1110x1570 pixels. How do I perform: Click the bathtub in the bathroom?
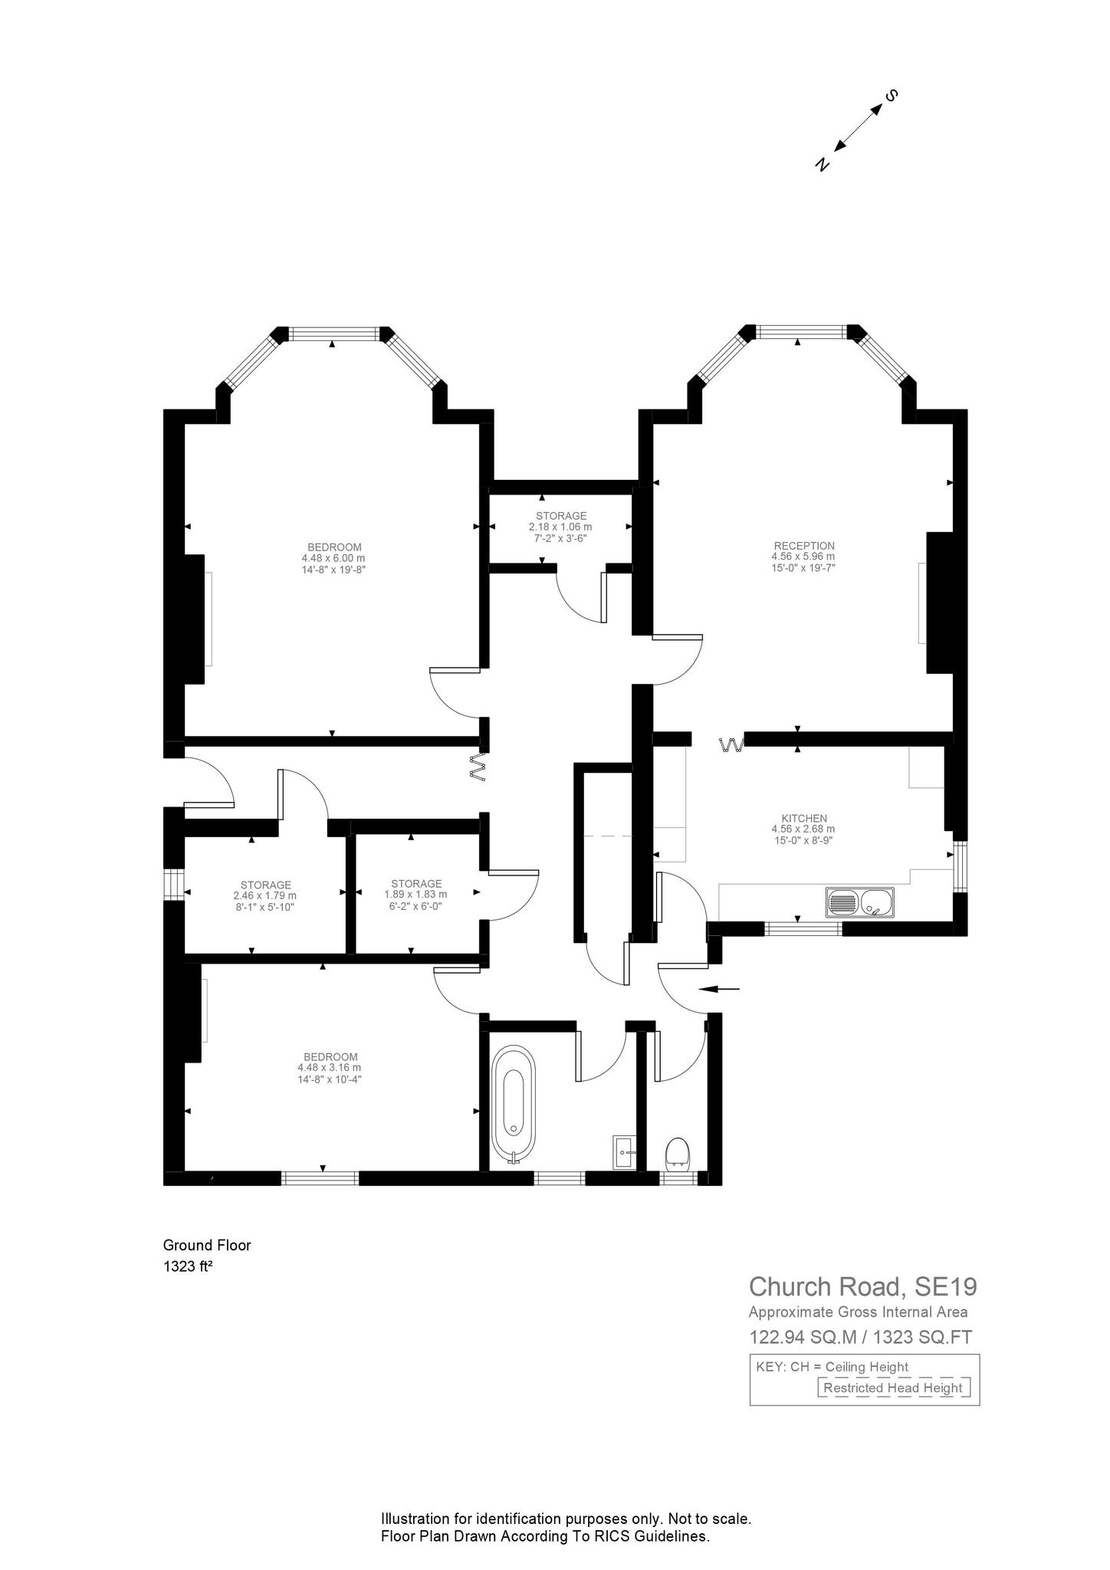coord(513,1106)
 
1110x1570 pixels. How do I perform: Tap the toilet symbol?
coord(677,1154)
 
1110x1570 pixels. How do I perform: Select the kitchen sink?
coord(859,902)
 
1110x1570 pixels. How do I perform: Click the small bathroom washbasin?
coord(623,1153)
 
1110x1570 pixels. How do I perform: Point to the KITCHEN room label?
coord(803,818)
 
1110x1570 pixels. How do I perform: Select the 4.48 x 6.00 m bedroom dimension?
coord(333,558)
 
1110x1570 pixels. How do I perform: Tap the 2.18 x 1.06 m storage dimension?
coord(560,527)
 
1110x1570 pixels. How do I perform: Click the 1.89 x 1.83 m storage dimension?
coord(415,895)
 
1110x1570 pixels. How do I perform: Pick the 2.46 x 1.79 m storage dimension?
coord(264,895)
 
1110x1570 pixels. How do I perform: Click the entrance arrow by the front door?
coord(719,989)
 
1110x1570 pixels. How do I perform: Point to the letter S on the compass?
coord(891,96)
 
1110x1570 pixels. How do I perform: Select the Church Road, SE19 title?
coord(862,1286)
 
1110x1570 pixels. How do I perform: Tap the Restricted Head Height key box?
coord(893,1388)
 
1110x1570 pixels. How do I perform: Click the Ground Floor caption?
coord(207,1246)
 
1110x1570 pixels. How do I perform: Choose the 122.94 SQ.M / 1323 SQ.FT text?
coord(860,1337)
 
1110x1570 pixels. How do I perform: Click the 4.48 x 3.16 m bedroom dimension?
coord(329,1067)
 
